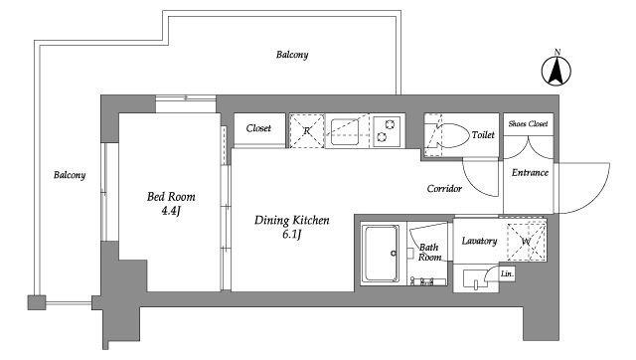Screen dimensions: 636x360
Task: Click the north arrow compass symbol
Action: pyautogui.click(x=556, y=69)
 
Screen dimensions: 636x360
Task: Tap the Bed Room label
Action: pyautogui.click(x=171, y=197)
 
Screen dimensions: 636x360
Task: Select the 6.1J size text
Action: pyautogui.click(x=291, y=235)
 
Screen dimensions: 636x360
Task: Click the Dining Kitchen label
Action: pyautogui.click(x=291, y=221)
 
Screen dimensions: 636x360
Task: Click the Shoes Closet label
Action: pyautogui.click(x=528, y=123)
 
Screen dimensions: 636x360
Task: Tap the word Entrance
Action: pyautogui.click(x=530, y=172)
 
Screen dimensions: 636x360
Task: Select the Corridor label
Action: pyautogui.click(x=444, y=188)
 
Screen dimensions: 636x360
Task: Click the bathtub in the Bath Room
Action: pyautogui.click(x=382, y=254)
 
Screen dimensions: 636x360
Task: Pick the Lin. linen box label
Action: pyautogui.click(x=507, y=273)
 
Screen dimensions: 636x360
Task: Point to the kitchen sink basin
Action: pyautogui.click(x=345, y=131)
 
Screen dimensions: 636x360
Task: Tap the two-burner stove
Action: pyautogui.click(x=387, y=131)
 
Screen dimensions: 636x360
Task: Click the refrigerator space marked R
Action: pyautogui.click(x=307, y=130)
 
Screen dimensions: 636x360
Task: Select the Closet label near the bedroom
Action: pyautogui.click(x=258, y=128)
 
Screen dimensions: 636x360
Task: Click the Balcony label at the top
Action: pyautogui.click(x=292, y=55)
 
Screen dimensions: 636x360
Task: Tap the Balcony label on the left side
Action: pyautogui.click(x=70, y=175)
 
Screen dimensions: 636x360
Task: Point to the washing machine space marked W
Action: pyautogui.click(x=526, y=241)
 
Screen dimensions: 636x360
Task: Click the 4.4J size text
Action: pyautogui.click(x=171, y=211)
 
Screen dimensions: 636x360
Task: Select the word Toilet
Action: pyautogui.click(x=483, y=134)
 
